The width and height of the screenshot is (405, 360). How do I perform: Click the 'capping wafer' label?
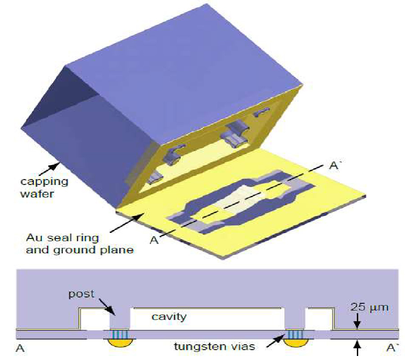point(44,187)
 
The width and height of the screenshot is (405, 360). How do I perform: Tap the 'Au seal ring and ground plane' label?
point(80,244)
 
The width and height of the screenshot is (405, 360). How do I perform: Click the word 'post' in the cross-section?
point(81,294)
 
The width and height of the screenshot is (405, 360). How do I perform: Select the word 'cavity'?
point(169,317)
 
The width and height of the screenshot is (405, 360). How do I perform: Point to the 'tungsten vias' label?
point(214,346)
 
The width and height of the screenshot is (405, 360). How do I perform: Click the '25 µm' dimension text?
point(369,307)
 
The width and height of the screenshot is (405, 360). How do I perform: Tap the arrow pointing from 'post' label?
point(107,307)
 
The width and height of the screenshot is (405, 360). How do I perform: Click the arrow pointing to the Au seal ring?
point(127,223)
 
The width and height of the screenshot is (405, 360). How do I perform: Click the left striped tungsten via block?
point(120,334)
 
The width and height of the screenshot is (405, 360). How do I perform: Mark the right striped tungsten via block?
point(295,334)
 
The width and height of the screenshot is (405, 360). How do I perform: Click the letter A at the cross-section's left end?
point(20,348)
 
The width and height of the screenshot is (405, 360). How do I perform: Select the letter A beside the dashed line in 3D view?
point(154,240)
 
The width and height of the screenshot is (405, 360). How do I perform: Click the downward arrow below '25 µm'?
point(357,321)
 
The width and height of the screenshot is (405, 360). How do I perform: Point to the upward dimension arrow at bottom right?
point(357,347)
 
